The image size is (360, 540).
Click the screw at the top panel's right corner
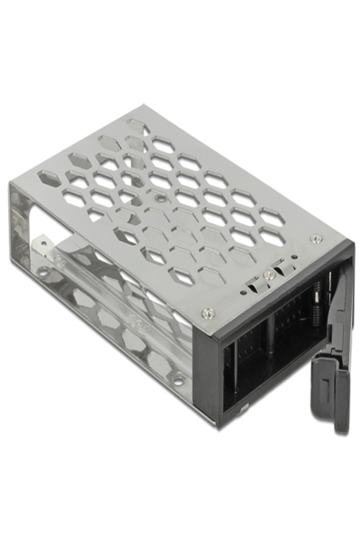pos(315,238)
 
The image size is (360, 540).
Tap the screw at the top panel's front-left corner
pos(208,313)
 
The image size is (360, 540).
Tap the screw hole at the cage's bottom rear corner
pos(41,270)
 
